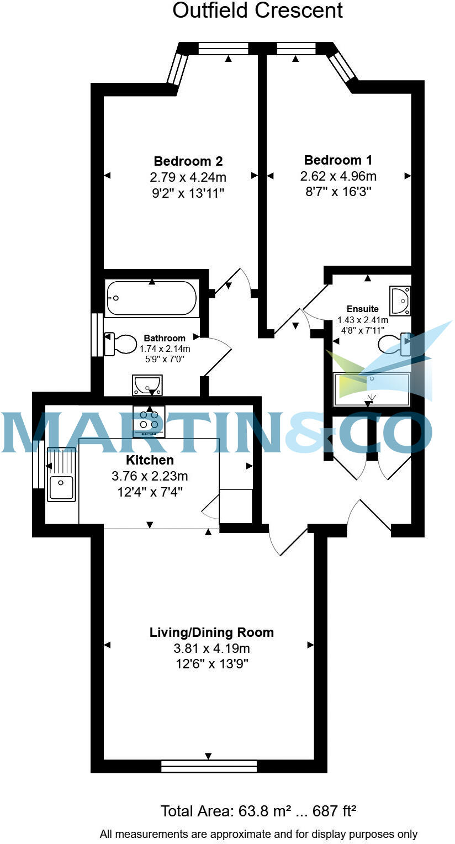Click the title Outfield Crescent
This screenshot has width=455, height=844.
tap(257, 10)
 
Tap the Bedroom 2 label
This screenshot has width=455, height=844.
tap(188, 161)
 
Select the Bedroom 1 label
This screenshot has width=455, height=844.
tap(338, 160)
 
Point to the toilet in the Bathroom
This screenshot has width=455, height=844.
tap(121, 344)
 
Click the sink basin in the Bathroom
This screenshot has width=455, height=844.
tap(147, 383)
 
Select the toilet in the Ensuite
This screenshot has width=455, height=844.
tap(394, 344)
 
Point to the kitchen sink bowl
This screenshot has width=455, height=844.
tap(61, 488)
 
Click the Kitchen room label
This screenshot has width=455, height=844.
tap(150, 460)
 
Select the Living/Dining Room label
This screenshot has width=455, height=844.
tap(211, 632)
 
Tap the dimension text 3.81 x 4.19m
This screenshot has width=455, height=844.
tap(211, 648)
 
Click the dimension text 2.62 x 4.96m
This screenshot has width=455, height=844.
tap(338, 177)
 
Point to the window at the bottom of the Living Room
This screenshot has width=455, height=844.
tap(209, 766)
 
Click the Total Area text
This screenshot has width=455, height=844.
tap(258, 811)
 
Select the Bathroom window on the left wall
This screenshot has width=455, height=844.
tap(97, 335)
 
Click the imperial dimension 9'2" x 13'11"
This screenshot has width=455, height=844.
tap(188, 193)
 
